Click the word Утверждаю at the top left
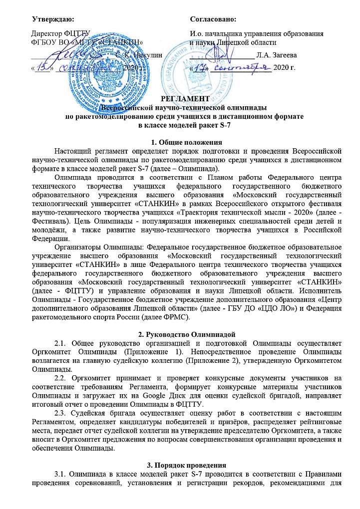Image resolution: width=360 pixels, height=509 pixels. [x=52, y=19]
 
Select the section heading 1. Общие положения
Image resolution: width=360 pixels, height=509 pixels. [x=180, y=141]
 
